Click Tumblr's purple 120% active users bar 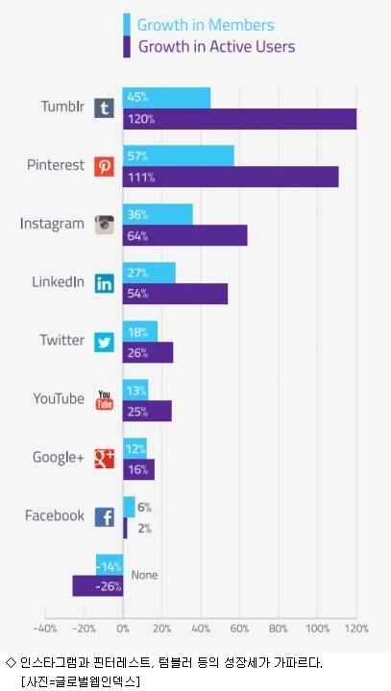coord(239,119)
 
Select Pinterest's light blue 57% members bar coord(179,156)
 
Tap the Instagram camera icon coord(105,225)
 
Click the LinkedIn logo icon coord(105,283)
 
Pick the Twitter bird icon coord(105,342)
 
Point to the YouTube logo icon coord(105,399)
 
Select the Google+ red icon coord(105,459)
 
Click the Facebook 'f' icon coord(105,517)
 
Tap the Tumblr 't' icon coord(105,107)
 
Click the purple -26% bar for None coord(98,586)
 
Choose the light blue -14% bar coord(110,565)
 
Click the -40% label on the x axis coord(45,629)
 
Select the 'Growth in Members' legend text coord(206,25)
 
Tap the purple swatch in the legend coord(127,46)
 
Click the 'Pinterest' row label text coord(56,165)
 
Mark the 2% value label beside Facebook coord(144,528)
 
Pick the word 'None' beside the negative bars coord(144,575)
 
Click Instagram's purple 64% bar coord(184,235)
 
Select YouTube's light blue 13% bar coord(135,390)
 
